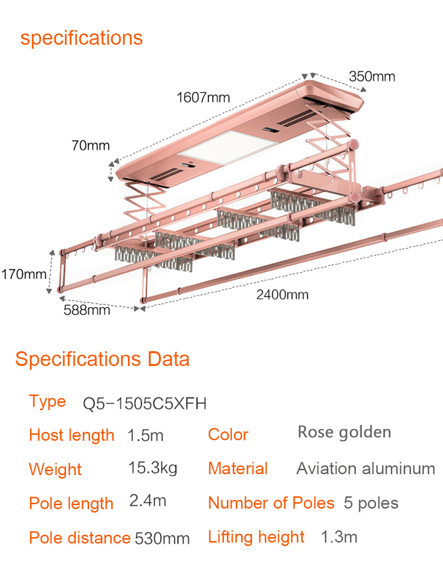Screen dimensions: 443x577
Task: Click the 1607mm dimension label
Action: pos(203,97)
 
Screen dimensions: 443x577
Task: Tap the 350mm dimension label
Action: pos(372,76)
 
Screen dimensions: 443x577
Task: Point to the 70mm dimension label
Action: pos(91,145)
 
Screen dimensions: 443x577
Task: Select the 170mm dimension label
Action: pos(24,274)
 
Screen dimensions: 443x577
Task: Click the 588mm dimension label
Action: pos(87,310)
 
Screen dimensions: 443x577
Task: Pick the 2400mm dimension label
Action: pos(283,295)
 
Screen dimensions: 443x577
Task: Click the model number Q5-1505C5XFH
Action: pos(144,404)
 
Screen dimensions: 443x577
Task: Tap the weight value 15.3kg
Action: pos(153,468)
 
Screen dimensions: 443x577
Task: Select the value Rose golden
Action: pos(345,432)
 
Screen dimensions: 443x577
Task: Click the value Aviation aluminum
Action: pos(366,468)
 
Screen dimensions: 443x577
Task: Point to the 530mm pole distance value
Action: pos(162,538)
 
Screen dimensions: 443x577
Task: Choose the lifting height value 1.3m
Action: pos(339,537)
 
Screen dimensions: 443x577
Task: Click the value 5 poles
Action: pos(371,503)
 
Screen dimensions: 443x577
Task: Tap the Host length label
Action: pos(72,435)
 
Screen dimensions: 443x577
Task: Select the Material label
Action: pos(238,468)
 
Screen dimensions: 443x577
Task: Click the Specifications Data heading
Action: pos(102,359)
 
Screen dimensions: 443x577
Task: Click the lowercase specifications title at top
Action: pos(81,38)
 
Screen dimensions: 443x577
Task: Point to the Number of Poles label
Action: pos(271,503)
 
